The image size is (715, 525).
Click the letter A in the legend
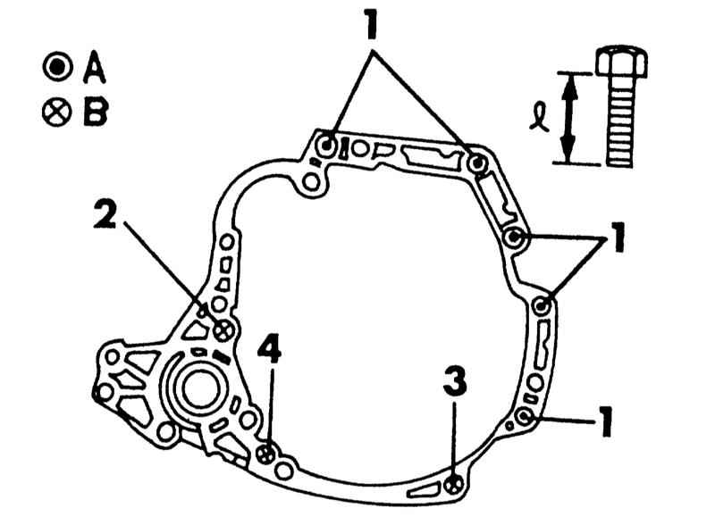click(x=95, y=67)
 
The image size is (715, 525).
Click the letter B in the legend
click(x=96, y=112)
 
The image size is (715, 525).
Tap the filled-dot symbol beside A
click(x=57, y=67)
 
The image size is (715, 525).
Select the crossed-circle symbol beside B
click(x=57, y=112)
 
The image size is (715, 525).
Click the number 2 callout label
click(x=105, y=214)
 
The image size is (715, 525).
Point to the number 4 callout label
click(x=270, y=348)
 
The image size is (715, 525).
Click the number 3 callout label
click(x=455, y=381)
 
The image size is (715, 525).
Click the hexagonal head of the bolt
click(x=621, y=61)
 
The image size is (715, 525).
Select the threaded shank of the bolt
click(x=620, y=121)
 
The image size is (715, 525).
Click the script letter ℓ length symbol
click(x=539, y=117)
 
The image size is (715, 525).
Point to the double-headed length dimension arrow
click(x=568, y=118)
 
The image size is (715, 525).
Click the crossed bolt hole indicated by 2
click(x=223, y=330)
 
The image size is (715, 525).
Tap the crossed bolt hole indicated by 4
click(x=265, y=454)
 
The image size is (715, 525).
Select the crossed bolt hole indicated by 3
click(x=454, y=486)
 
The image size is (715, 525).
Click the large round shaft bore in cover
click(x=199, y=388)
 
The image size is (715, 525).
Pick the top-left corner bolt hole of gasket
click(x=327, y=146)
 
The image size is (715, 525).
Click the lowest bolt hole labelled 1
click(x=525, y=417)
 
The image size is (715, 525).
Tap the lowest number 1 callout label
click(x=605, y=422)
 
